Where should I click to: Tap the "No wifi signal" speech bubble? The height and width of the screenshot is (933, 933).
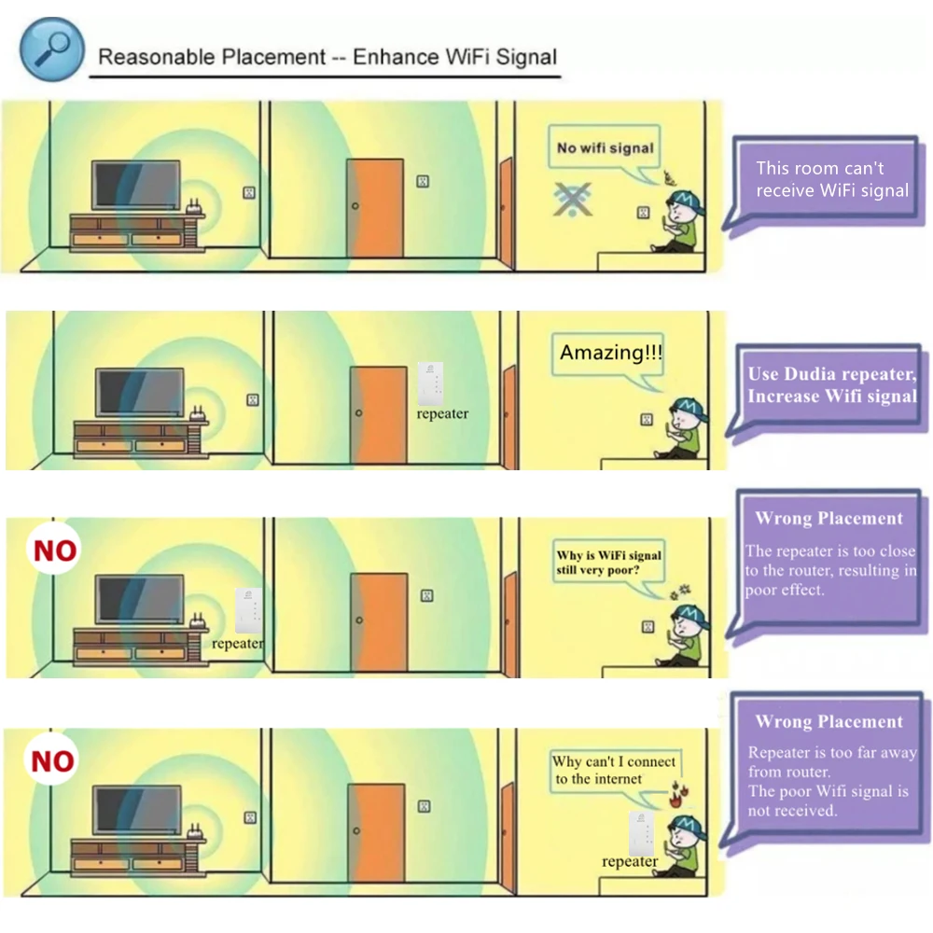(x=605, y=147)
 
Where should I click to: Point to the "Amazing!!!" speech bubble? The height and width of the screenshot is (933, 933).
(x=611, y=355)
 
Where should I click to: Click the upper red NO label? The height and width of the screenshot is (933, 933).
(x=55, y=550)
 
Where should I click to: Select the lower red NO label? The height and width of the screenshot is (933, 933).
(x=53, y=762)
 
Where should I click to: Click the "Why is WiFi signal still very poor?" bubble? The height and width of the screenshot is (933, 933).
(x=608, y=563)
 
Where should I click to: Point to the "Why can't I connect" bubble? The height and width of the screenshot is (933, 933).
(x=613, y=771)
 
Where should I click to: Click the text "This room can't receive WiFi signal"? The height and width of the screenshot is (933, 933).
(x=831, y=179)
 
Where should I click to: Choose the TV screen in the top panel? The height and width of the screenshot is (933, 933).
(x=135, y=186)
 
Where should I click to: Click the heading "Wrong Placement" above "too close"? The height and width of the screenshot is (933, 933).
(x=829, y=519)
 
